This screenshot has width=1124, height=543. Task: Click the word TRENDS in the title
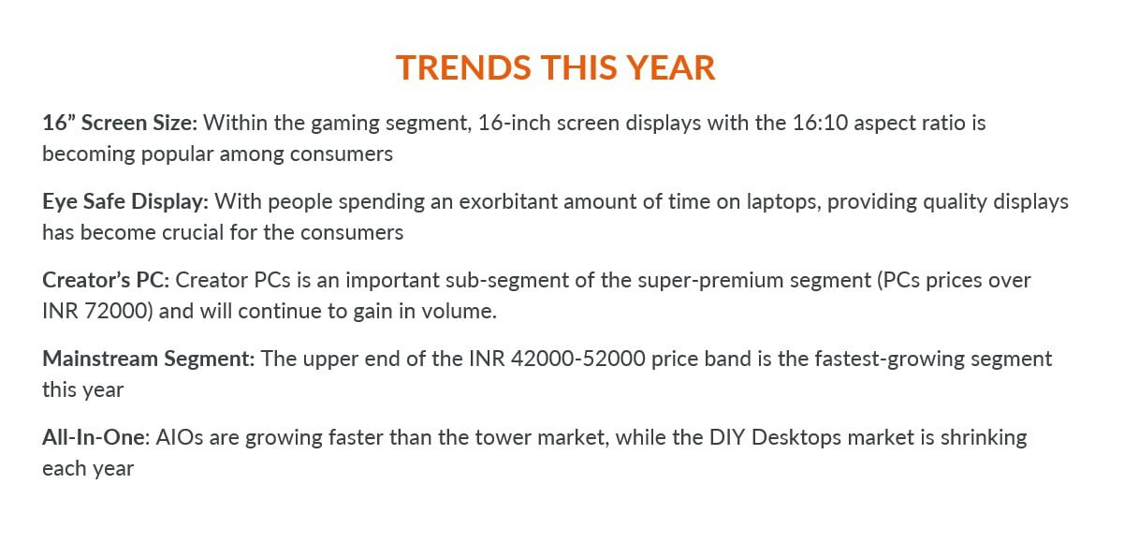(463, 67)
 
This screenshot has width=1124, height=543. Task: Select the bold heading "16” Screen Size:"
(120, 123)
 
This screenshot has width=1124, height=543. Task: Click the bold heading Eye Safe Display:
(125, 201)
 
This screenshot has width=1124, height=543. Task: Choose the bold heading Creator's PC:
(106, 281)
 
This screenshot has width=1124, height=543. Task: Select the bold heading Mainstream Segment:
(149, 360)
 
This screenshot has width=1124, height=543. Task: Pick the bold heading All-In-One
(95, 437)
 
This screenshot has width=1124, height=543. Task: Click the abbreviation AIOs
(180, 437)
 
